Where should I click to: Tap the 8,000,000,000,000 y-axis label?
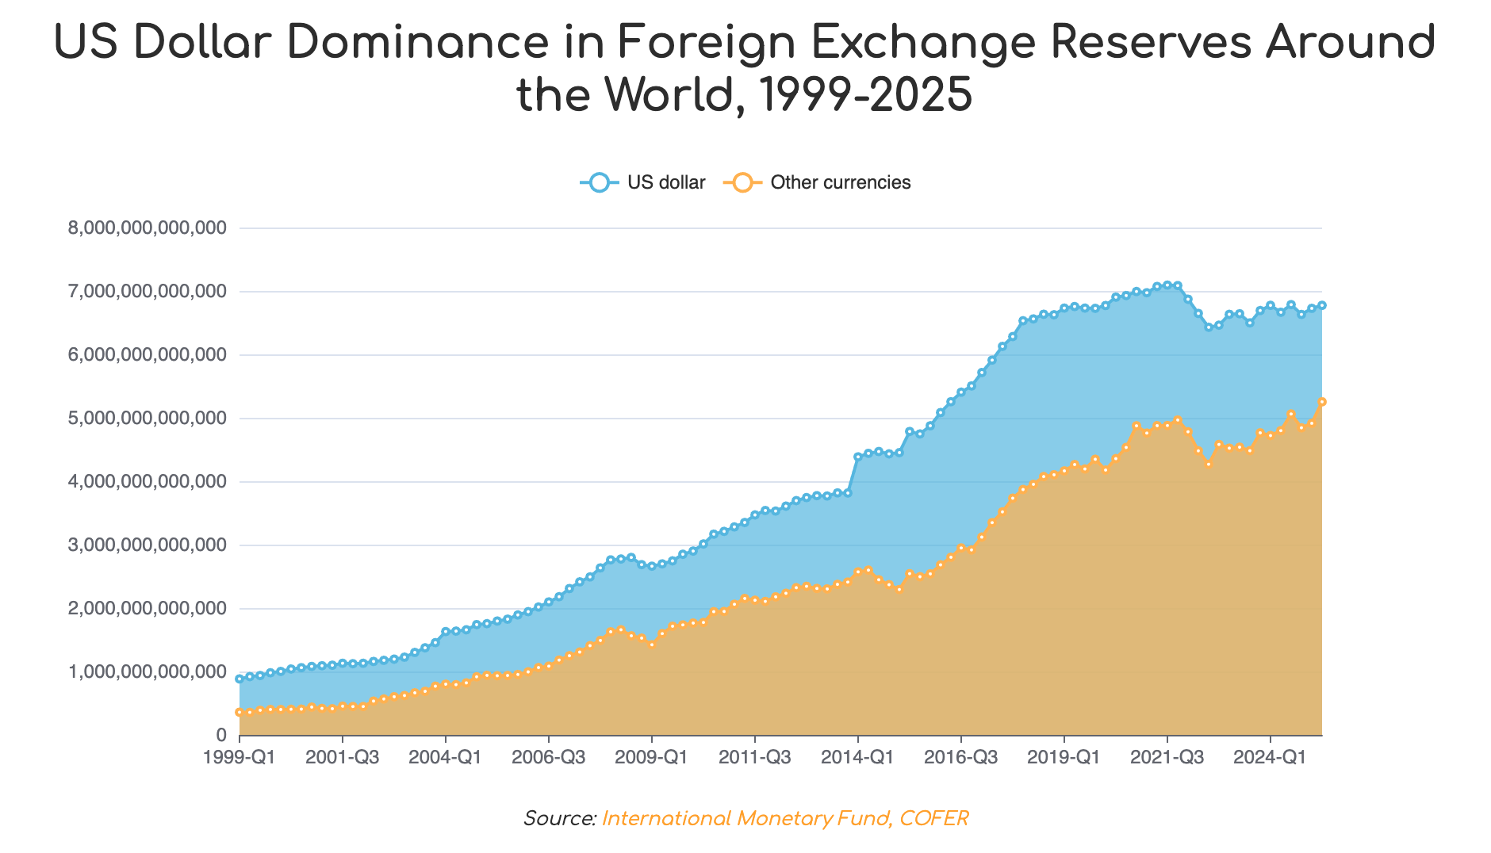click(x=148, y=228)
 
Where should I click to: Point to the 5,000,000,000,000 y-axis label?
click(x=148, y=419)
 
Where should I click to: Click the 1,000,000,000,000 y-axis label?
click(x=148, y=672)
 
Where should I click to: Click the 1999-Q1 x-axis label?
click(x=240, y=757)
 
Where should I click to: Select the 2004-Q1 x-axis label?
click(x=446, y=757)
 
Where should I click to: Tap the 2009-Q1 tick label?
click(x=652, y=757)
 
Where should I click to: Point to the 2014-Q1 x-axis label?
click(x=858, y=757)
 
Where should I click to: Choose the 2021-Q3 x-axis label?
click(x=1167, y=757)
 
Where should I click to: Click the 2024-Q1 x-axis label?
click(x=1271, y=757)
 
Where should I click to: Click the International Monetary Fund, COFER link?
click(x=785, y=818)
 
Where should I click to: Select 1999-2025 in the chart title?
click(x=864, y=95)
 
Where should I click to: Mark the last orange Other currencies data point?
click(x=1322, y=402)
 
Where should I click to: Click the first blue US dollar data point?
click(x=240, y=679)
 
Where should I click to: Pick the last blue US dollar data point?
click(x=1322, y=305)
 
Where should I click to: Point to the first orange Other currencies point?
click(x=240, y=712)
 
